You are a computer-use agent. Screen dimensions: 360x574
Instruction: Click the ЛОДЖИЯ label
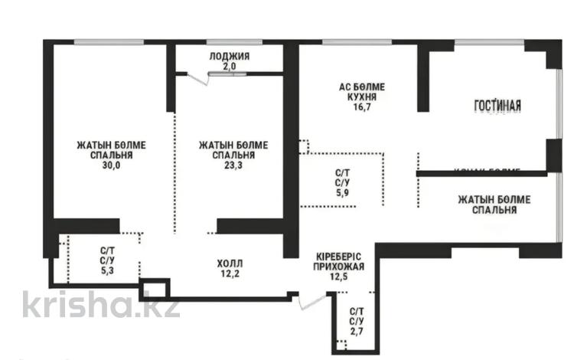click(229, 57)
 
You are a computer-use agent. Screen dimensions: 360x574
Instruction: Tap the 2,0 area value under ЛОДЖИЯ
click(229, 67)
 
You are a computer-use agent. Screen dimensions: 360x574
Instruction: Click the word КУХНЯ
click(362, 97)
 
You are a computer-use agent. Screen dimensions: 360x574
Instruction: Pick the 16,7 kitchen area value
click(362, 108)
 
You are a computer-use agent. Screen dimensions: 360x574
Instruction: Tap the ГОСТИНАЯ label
click(497, 106)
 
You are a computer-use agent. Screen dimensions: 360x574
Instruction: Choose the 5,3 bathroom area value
click(109, 270)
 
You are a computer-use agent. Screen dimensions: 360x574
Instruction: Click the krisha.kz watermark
click(100, 305)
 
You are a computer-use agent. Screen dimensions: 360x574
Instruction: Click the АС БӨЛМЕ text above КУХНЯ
click(362, 87)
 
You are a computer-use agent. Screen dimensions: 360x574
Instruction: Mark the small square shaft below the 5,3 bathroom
click(156, 290)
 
